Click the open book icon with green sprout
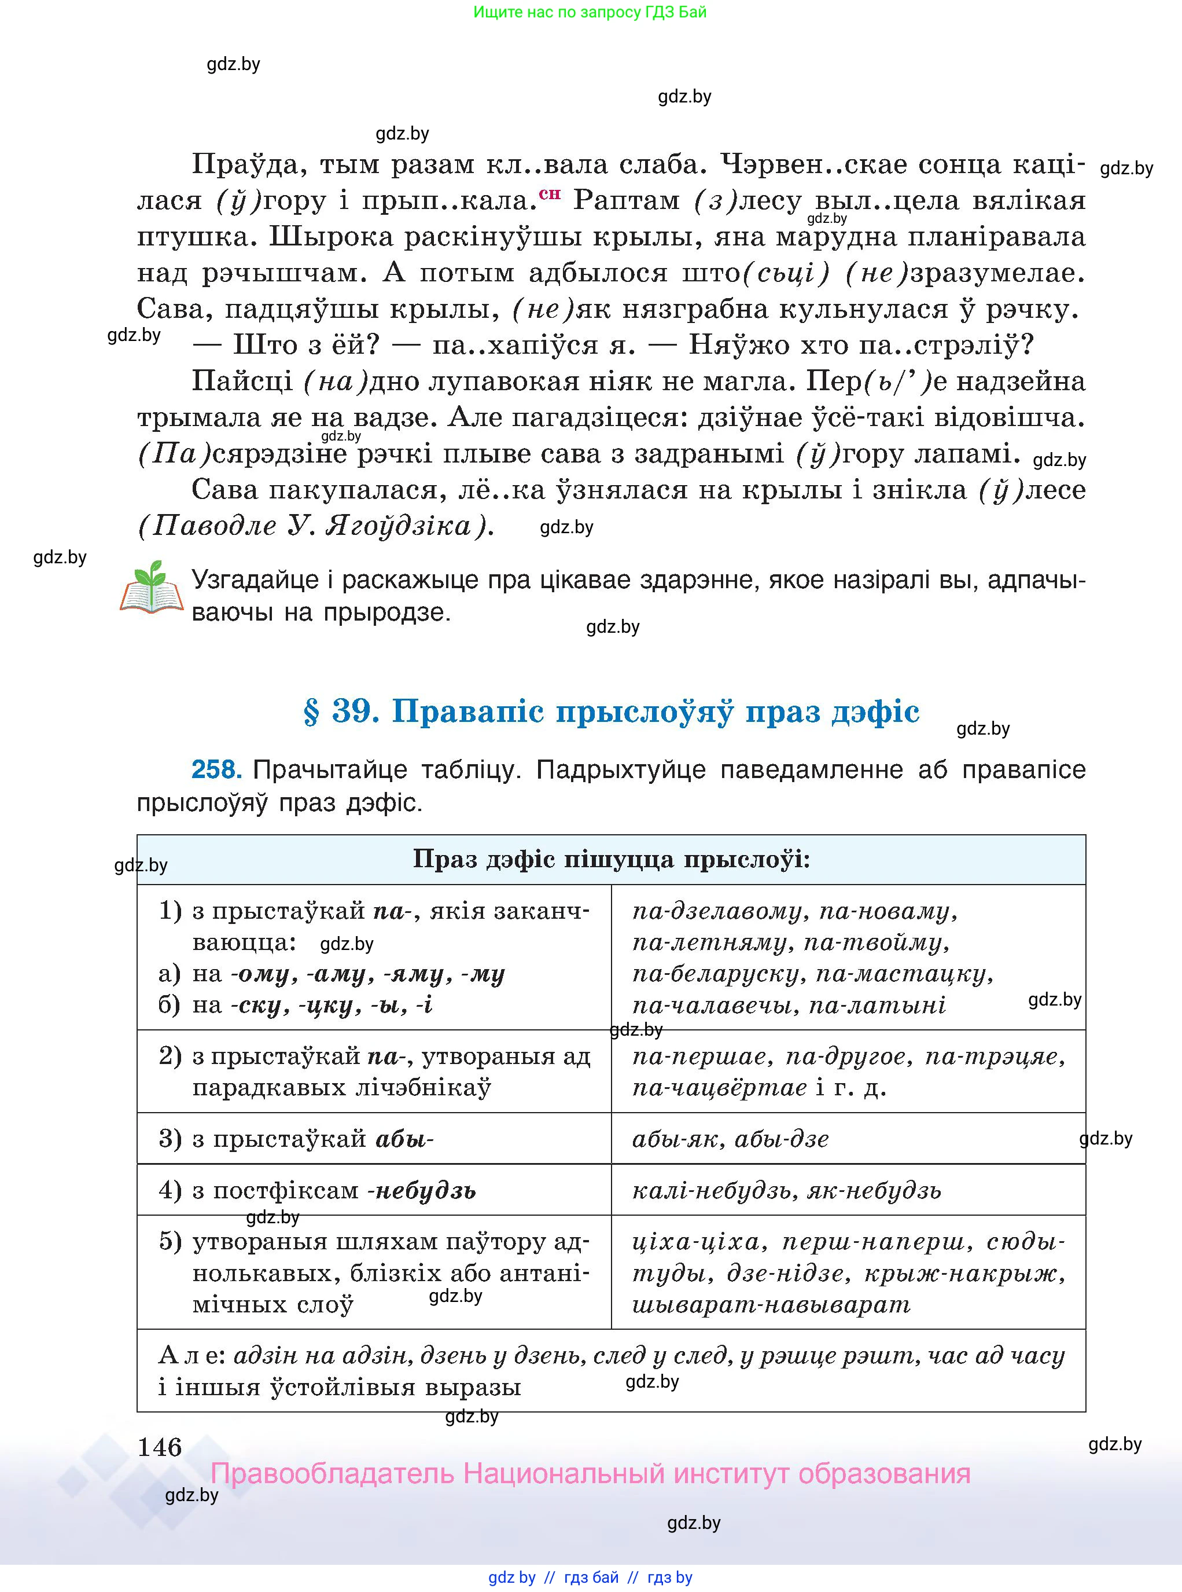(x=151, y=588)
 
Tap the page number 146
(x=160, y=1447)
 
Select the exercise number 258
(x=216, y=769)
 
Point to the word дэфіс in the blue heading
(x=875, y=711)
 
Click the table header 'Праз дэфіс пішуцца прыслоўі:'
(x=611, y=859)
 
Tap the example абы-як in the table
(x=675, y=1139)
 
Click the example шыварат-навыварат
(x=771, y=1304)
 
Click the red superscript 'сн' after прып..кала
(x=550, y=193)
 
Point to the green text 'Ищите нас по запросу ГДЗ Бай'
(x=590, y=12)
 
